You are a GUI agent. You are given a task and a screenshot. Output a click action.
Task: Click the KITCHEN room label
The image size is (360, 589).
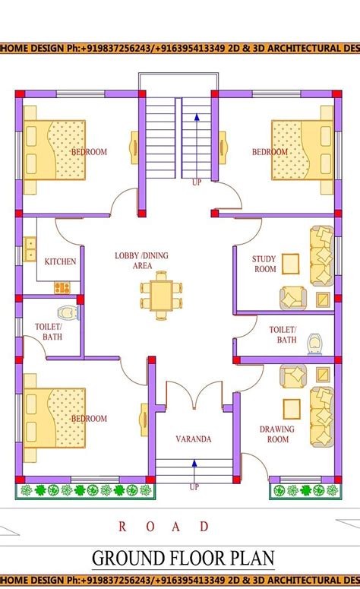click(x=60, y=261)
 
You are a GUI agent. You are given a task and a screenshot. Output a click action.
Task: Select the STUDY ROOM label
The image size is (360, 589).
click(x=264, y=264)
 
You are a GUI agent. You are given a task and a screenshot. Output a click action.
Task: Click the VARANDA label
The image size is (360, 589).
click(x=193, y=439)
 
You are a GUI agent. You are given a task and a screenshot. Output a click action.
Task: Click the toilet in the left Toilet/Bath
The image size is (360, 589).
click(x=66, y=312)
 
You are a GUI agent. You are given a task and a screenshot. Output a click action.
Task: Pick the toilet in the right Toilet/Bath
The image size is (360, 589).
click(x=315, y=345)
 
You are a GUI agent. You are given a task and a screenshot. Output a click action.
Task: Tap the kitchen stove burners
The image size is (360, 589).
click(x=62, y=288)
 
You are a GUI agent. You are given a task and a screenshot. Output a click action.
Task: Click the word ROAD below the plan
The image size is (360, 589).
click(x=164, y=526)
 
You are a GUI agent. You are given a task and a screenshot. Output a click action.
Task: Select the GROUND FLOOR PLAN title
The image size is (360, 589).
click(x=183, y=559)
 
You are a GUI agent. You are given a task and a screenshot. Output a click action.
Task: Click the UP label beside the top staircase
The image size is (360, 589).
click(x=197, y=183)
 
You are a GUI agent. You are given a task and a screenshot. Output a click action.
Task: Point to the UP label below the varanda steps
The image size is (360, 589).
click(x=194, y=486)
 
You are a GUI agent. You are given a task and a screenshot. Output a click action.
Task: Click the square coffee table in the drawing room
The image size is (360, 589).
click(x=292, y=408)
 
